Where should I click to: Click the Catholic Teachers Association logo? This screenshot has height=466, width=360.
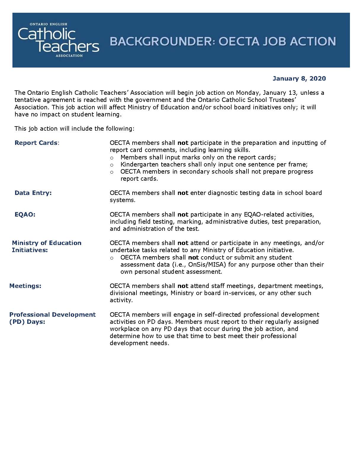(x=58, y=40)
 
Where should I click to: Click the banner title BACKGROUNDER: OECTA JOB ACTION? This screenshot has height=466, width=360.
(x=223, y=41)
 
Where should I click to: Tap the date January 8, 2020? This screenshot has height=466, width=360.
(x=299, y=79)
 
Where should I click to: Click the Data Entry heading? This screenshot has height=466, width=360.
(x=33, y=193)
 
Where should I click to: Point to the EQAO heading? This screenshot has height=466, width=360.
(x=25, y=214)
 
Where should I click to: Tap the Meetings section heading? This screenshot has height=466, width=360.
(x=25, y=286)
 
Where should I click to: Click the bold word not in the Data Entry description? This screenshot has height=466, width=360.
(x=183, y=193)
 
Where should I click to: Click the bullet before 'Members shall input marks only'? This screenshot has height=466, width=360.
(x=112, y=158)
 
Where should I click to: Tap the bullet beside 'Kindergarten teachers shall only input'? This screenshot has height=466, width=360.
(x=112, y=165)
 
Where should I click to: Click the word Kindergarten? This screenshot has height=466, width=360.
(x=138, y=164)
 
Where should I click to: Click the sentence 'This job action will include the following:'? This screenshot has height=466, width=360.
(x=74, y=129)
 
